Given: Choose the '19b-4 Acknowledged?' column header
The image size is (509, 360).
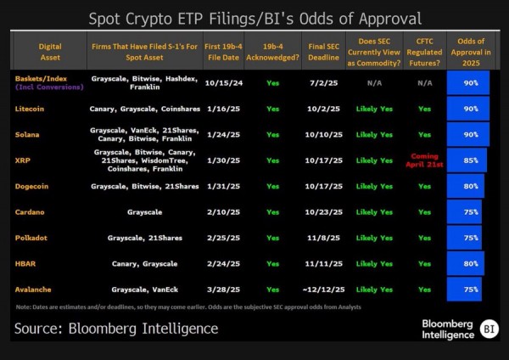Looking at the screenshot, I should [x=272, y=50].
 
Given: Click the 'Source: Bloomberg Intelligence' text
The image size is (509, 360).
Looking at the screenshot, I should [x=116, y=328].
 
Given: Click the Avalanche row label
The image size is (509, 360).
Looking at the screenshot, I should [x=33, y=289].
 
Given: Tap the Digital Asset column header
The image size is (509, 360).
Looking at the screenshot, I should [x=48, y=50].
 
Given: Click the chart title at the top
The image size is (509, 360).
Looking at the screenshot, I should [x=255, y=18].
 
